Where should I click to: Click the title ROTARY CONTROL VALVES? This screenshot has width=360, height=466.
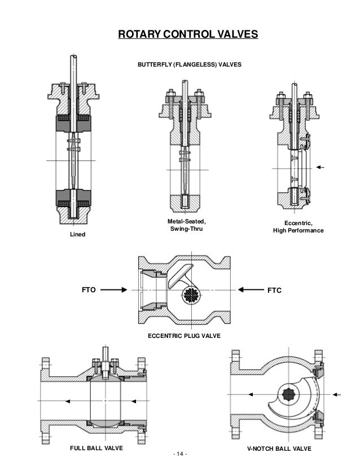[x=187, y=35]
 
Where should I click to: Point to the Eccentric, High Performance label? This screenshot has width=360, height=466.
[x=298, y=227]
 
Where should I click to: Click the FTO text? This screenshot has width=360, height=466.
[x=89, y=290]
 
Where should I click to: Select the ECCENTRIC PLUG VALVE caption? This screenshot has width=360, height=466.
[x=184, y=336]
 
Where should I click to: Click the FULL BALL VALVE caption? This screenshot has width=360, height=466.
[x=96, y=449]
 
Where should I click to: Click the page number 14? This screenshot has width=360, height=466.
[x=180, y=455]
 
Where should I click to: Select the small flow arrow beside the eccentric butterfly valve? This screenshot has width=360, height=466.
[x=322, y=168]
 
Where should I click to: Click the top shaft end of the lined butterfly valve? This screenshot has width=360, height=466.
[x=73, y=59]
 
